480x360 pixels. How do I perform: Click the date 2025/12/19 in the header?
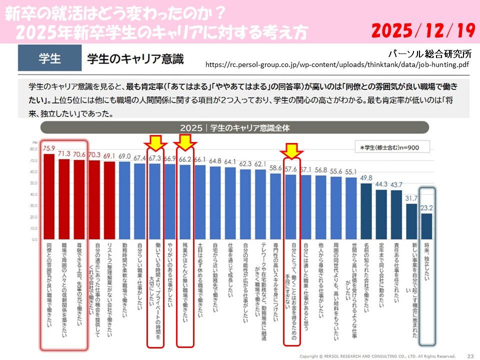click(x=423, y=31)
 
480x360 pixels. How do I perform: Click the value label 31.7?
click(x=411, y=199)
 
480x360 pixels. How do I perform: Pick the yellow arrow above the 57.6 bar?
click(x=291, y=149)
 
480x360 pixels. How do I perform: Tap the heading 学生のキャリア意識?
click(x=135, y=59)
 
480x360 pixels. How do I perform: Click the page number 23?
click(x=470, y=355)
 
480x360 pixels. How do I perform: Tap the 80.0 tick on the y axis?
click(x=34, y=149)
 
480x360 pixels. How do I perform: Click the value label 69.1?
click(x=109, y=156)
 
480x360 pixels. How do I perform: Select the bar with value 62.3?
click(x=245, y=205)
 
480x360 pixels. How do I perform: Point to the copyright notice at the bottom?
click(x=377, y=356)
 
